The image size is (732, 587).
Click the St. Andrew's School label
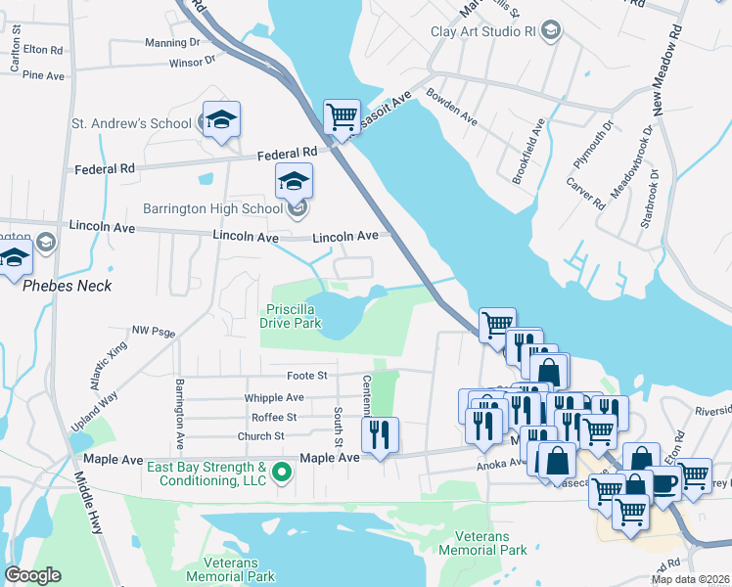[131, 124]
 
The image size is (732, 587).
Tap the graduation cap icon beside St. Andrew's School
[222, 118]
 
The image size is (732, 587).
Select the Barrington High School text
[212, 207]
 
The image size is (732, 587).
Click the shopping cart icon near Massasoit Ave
[343, 116]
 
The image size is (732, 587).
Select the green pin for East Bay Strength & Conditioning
[283, 474]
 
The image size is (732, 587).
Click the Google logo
[33, 574]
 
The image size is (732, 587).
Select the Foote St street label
[306, 376]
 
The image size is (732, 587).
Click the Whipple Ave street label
[275, 398]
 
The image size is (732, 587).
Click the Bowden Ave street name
[451, 107]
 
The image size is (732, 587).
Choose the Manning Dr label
[172, 43]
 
